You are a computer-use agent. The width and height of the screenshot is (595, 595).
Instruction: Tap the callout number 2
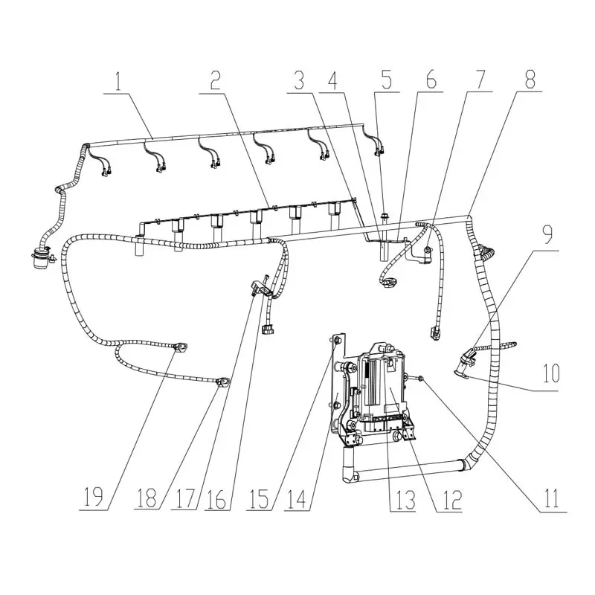(216, 81)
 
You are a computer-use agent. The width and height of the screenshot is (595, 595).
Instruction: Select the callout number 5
(386, 80)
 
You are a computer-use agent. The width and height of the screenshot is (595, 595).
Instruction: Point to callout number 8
(530, 80)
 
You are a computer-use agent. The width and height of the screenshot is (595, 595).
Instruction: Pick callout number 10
(551, 373)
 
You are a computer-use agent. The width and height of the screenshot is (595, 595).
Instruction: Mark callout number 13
(405, 500)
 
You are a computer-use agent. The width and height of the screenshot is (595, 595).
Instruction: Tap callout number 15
(259, 498)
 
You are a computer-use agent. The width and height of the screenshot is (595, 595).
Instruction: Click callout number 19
(94, 498)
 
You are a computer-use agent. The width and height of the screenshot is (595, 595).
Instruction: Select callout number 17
(184, 498)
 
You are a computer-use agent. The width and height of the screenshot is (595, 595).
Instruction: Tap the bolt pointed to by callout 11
(421, 378)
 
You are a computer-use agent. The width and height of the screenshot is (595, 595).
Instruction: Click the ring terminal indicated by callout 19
(180, 347)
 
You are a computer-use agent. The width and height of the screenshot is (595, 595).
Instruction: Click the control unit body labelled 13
(382, 386)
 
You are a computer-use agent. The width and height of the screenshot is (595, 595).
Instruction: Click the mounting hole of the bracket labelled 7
(427, 250)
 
